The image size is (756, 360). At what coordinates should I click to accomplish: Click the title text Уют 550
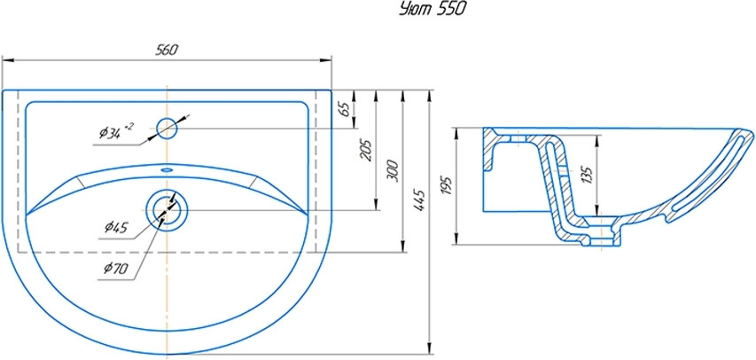pos(432,10)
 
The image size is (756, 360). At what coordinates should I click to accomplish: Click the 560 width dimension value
pos(167,51)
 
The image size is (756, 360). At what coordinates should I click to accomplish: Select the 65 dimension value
pos(344,109)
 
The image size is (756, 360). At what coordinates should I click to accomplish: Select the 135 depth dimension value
pos(588,176)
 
